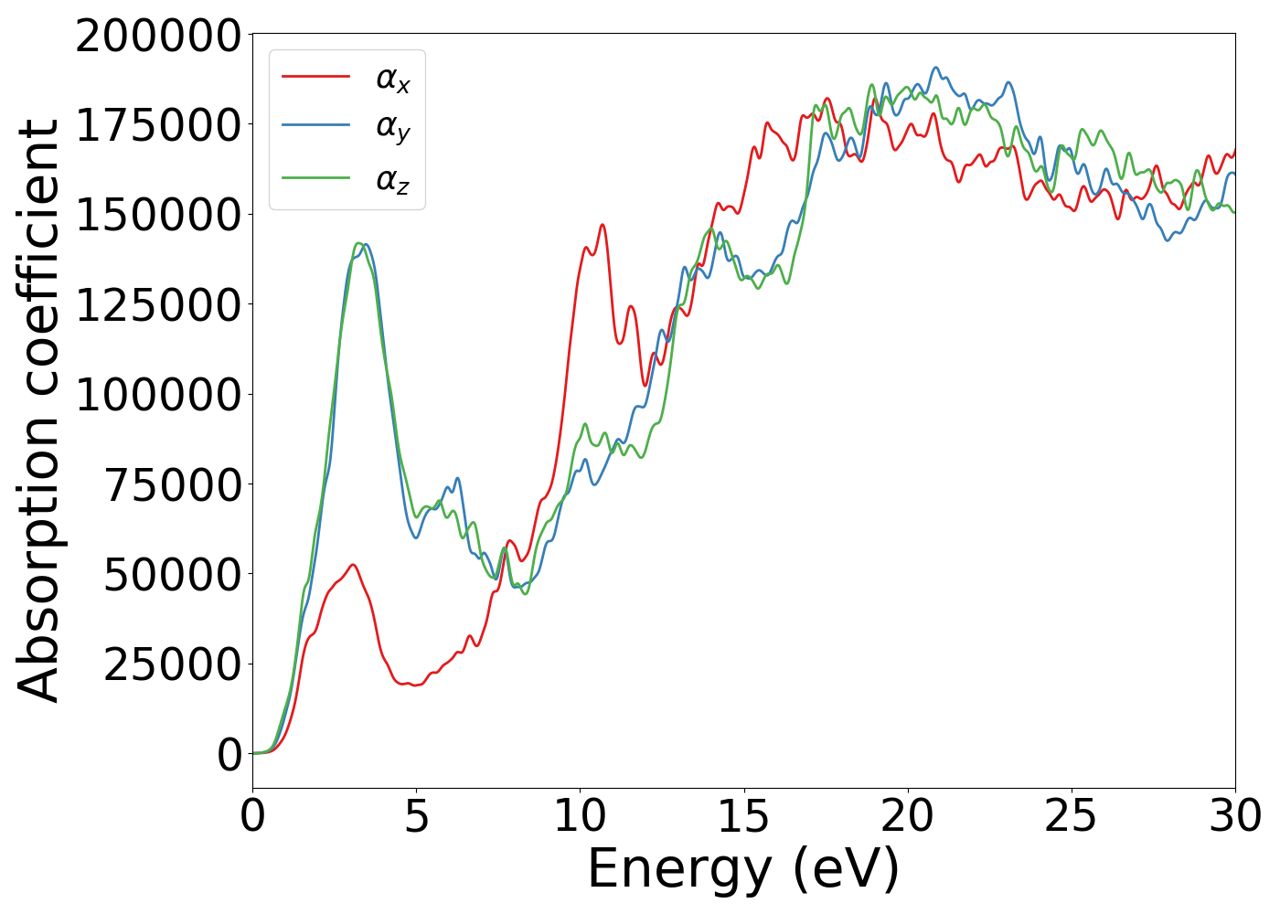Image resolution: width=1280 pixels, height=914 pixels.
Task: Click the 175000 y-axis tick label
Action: pos(157,126)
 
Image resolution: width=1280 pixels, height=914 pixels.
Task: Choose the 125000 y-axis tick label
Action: pos(157,305)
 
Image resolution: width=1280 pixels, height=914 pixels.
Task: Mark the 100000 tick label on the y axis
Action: pos(157,395)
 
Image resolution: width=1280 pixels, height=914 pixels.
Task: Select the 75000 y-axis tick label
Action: pos(172,484)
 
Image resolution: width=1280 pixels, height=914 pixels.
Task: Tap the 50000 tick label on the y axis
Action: pos(172,574)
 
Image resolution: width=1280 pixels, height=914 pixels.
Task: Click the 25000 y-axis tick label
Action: pos(172,664)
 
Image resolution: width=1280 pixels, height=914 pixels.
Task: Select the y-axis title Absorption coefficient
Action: pos(38,411)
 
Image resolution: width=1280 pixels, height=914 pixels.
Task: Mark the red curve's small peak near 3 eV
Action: pos(352,565)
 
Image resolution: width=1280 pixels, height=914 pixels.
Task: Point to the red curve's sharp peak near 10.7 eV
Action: pos(603,225)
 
